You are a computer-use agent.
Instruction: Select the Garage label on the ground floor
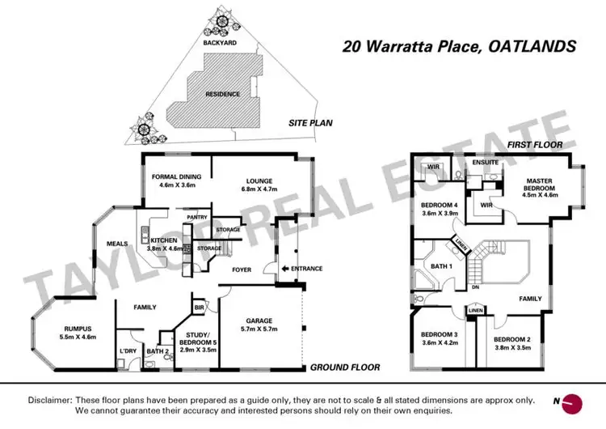coord(260,321)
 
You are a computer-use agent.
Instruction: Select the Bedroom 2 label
coord(511,338)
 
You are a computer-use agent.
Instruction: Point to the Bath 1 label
coord(441,265)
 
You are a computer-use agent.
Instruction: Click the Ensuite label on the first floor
coord(485,162)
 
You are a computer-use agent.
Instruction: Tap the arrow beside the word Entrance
coord(284,269)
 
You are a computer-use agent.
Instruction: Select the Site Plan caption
coord(311,124)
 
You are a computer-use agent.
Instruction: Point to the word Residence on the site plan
coord(223,94)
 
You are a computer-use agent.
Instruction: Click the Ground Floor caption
coord(345,367)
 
